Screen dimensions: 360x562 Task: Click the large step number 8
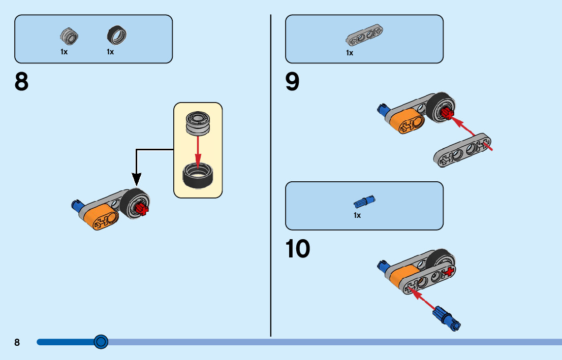pyautogui.click(x=22, y=82)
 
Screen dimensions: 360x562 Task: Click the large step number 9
pyautogui.click(x=293, y=82)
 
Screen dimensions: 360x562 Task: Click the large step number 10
pyautogui.click(x=298, y=249)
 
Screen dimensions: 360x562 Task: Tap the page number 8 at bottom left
pyautogui.click(x=17, y=342)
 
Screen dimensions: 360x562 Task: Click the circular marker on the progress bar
pyautogui.click(x=101, y=342)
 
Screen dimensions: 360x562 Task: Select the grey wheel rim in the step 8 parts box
pyautogui.click(x=69, y=36)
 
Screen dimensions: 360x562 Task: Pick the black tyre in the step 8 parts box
pyautogui.click(x=117, y=35)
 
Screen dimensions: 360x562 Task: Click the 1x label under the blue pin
pyautogui.click(x=357, y=215)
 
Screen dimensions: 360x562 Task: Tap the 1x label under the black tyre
pyautogui.click(x=110, y=52)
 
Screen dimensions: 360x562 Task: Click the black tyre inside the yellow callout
pyautogui.click(x=198, y=175)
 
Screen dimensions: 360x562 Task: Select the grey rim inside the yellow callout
pyautogui.click(x=198, y=122)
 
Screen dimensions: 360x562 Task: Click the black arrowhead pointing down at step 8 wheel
pyautogui.click(x=136, y=179)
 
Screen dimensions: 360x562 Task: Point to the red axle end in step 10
pyautogui.click(x=448, y=273)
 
